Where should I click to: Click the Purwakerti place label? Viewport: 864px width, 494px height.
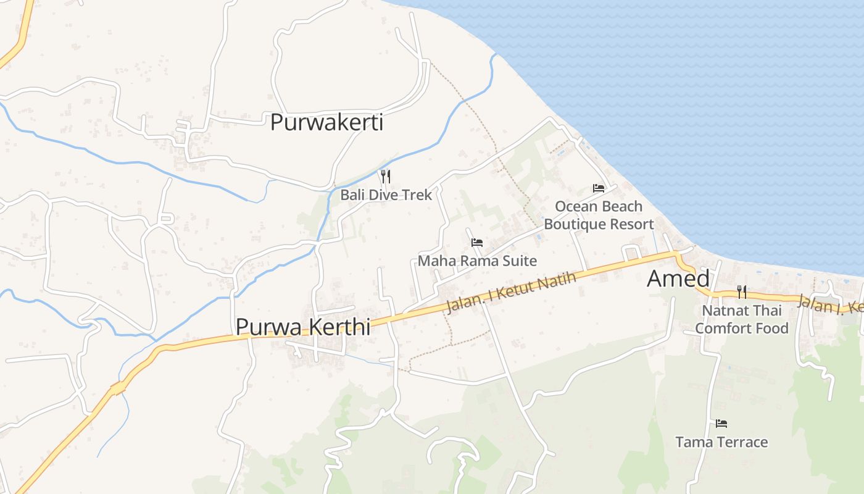tap(326, 122)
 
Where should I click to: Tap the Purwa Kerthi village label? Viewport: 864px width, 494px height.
tap(303, 327)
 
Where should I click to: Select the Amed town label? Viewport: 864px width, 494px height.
tap(678, 279)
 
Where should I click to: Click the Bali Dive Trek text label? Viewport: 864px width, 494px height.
tap(386, 195)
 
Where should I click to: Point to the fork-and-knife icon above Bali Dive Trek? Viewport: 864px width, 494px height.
tap(386, 177)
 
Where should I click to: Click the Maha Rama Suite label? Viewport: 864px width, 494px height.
tap(477, 261)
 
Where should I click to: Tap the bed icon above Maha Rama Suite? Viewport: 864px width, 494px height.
tap(477, 243)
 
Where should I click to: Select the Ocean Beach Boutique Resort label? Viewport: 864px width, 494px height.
tap(599, 215)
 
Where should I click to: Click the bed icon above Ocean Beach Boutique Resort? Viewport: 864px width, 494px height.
tap(599, 188)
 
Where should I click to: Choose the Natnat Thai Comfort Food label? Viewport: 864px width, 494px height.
tap(742, 319)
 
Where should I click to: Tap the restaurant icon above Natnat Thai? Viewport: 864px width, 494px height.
tap(742, 292)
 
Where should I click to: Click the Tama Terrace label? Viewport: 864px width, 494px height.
tap(721, 442)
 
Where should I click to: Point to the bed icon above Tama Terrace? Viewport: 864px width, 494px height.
tap(721, 424)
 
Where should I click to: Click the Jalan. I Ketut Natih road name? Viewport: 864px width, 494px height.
tap(510, 293)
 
